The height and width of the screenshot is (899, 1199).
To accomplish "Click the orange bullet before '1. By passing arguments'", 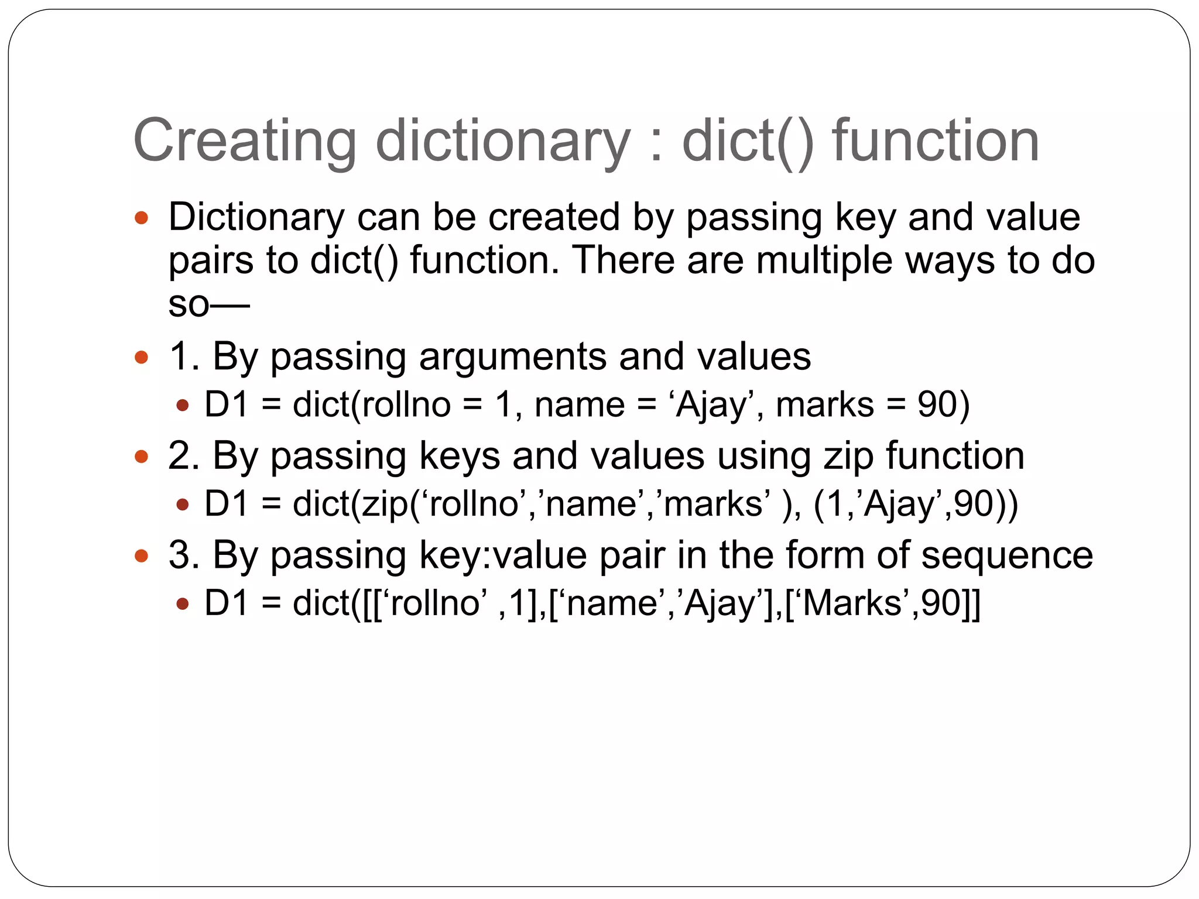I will click(142, 356).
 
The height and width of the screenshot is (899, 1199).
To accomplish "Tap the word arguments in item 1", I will click(512, 357).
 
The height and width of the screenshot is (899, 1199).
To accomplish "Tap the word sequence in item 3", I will click(1007, 555).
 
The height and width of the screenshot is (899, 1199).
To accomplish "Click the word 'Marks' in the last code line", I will click(852, 603).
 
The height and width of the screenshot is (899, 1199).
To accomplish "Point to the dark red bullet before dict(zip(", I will click(183, 504).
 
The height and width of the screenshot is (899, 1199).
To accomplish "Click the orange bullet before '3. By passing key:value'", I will click(142, 555).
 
